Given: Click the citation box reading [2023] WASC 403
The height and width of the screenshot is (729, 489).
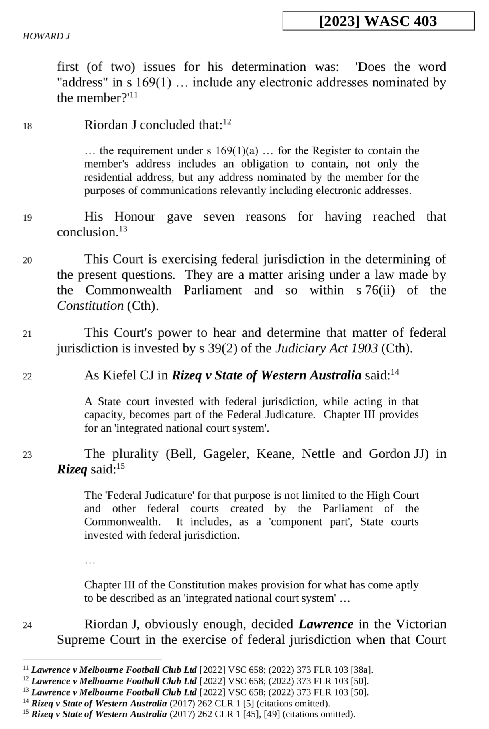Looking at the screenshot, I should point(378,21).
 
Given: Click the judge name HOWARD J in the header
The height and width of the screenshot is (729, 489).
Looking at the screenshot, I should point(46,36).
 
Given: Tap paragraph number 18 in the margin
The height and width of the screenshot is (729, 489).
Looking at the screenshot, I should point(27,127).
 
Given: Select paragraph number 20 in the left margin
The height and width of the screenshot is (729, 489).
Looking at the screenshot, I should point(27,260).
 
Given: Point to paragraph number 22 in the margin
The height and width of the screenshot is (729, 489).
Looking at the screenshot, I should point(27,377).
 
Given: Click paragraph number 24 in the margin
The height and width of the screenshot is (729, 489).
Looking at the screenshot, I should point(27,625).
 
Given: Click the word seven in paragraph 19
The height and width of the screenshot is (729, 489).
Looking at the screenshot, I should point(219,217).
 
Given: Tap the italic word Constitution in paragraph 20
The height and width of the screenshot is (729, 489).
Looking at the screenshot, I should point(90,306).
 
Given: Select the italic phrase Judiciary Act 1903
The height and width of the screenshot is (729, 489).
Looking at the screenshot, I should point(327,348).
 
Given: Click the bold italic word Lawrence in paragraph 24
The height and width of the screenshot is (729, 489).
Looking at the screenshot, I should point(326,624).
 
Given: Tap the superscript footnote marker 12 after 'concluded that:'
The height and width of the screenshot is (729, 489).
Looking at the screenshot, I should point(227,122).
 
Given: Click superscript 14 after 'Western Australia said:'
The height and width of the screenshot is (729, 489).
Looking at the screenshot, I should point(395,372).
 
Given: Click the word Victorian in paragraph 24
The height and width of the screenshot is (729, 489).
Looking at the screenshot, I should point(422,624).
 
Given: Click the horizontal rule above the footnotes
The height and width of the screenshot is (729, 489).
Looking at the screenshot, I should point(92,659).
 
